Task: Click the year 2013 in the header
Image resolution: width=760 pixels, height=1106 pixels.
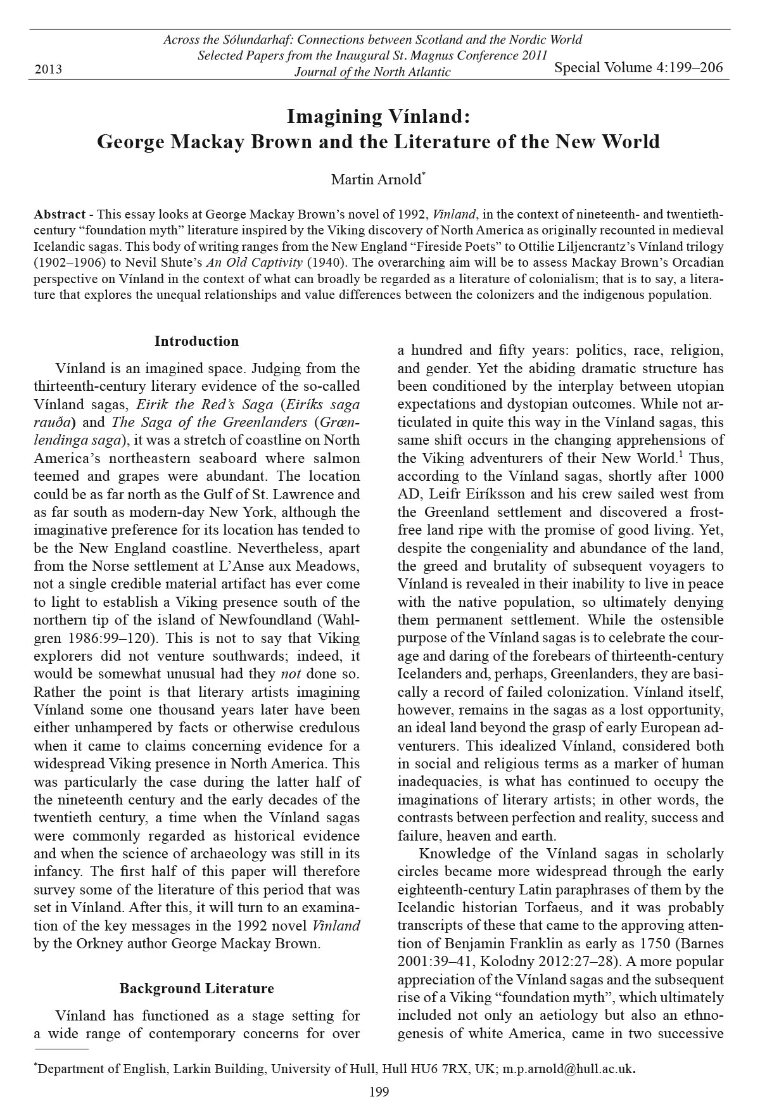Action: [x=48, y=69]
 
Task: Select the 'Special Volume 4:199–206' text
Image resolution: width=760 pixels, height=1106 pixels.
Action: [x=638, y=68]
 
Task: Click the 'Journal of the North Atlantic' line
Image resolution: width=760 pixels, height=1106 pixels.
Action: [x=372, y=72]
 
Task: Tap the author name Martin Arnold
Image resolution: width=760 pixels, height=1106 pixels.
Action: [x=376, y=180]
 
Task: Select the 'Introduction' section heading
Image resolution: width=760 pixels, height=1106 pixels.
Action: [x=196, y=341]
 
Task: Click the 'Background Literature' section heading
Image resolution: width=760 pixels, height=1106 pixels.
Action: [x=196, y=988]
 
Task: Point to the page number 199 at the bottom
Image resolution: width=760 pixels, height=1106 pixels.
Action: [x=379, y=1091]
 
